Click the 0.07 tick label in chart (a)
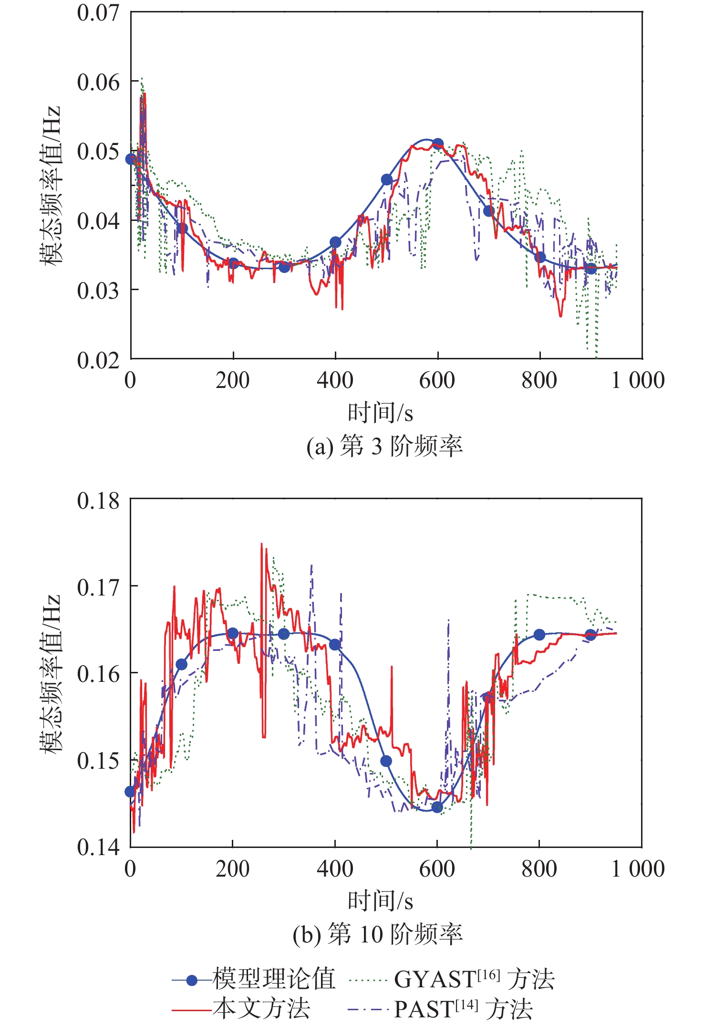tap(98, 13)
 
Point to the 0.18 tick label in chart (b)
tap(98, 501)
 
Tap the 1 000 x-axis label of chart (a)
tap(638, 381)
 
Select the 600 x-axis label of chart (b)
tap(437, 868)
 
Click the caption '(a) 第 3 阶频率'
tap(384, 447)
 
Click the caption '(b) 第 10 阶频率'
tap(377, 934)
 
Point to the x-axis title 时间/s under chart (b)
tap(380, 900)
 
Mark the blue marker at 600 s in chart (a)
tap(438, 144)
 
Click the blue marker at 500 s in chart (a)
tap(387, 179)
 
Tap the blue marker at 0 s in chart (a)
tap(131, 159)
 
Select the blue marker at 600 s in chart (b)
tap(437, 807)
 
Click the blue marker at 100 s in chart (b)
tap(182, 664)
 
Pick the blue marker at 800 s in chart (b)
tap(539, 635)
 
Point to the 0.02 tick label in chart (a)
tap(98, 360)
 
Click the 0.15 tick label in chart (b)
tap(98, 761)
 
